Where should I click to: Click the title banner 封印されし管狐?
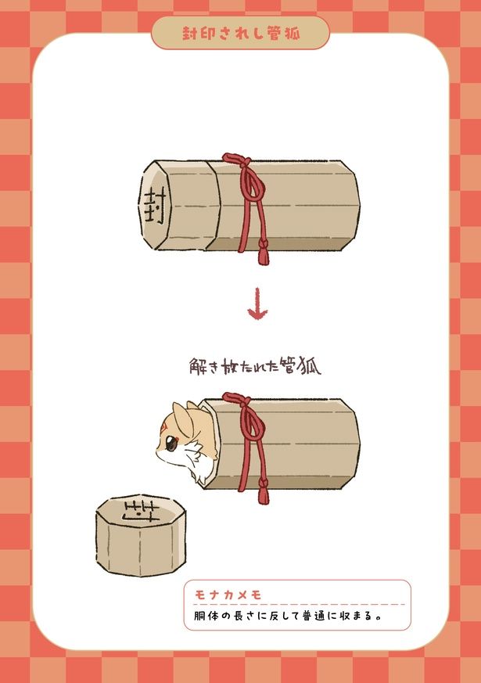(x=240, y=33)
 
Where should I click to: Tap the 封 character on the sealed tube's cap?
(x=154, y=206)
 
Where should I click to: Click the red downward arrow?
(x=257, y=304)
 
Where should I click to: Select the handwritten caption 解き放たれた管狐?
(x=256, y=366)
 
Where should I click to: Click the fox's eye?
(x=171, y=444)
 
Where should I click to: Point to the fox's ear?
(x=183, y=418)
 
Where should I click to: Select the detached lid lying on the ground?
(x=141, y=535)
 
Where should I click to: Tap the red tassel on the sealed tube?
(x=263, y=253)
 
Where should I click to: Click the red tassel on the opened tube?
(x=264, y=491)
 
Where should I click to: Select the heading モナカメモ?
(x=228, y=595)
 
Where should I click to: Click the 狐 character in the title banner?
(x=292, y=33)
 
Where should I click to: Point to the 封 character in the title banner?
(x=190, y=33)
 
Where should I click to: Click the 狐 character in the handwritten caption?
(x=310, y=367)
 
